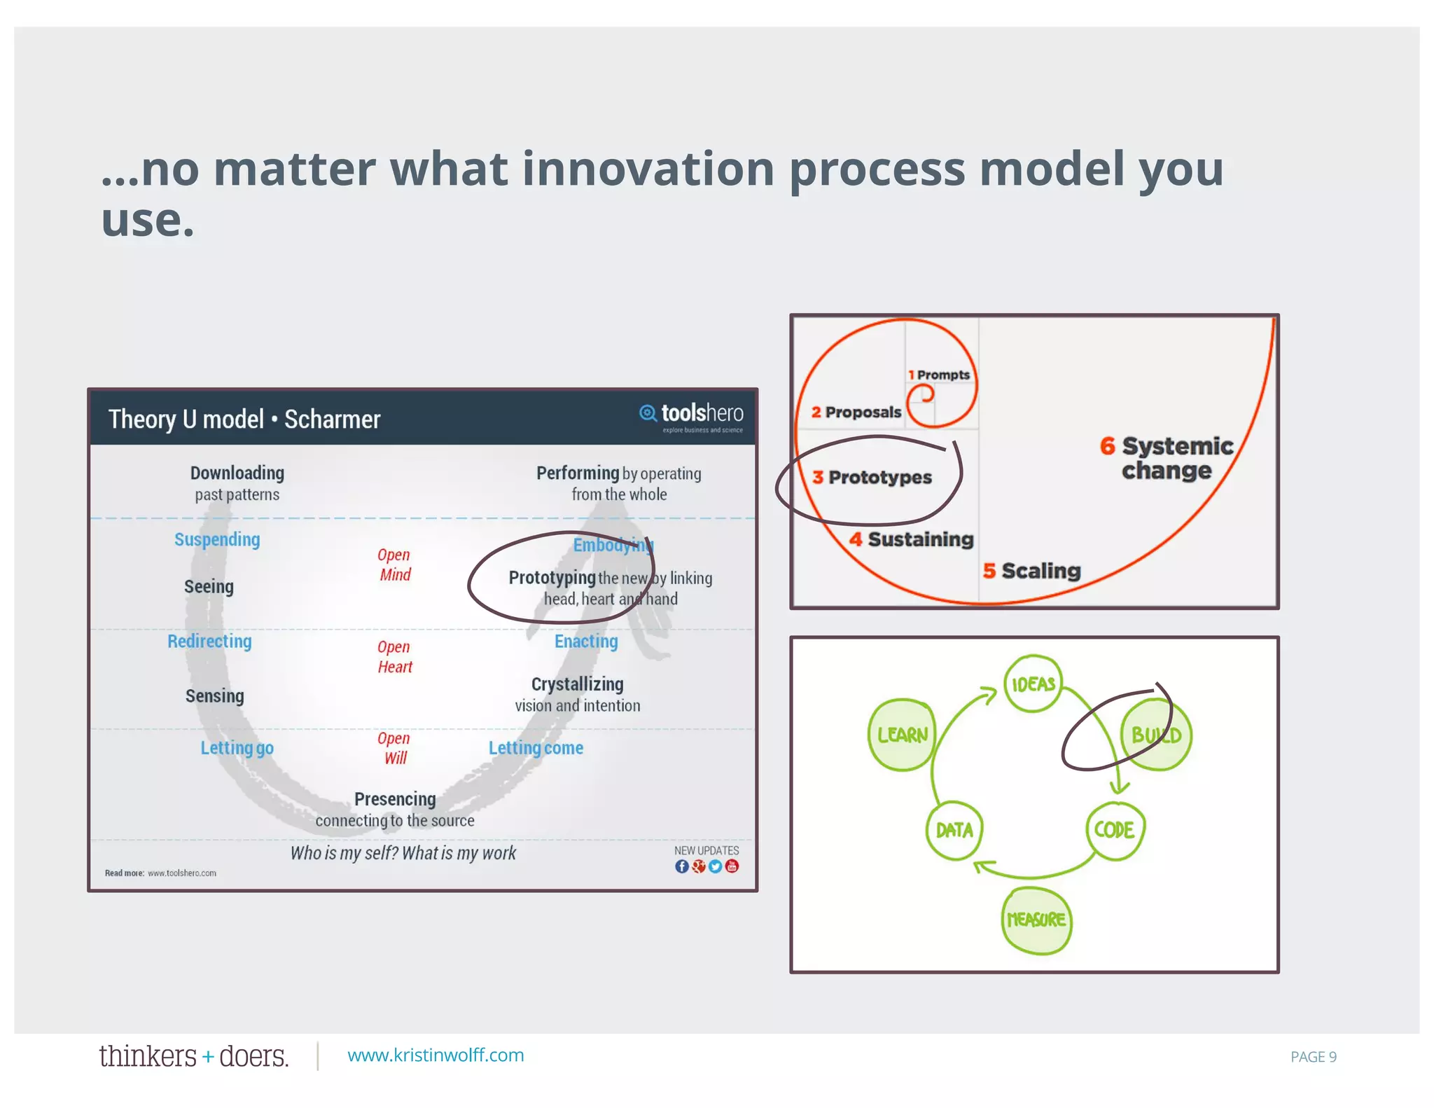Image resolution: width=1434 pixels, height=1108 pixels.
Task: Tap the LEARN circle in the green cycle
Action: [x=902, y=735]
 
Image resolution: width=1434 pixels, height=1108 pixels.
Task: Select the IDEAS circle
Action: [x=1033, y=684]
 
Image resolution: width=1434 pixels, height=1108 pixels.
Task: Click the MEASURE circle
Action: [x=1036, y=920]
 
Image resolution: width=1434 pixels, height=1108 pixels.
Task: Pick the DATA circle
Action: [x=954, y=831]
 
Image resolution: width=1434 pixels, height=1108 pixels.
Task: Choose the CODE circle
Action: [x=1115, y=830]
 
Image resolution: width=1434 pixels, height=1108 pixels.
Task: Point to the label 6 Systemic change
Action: [x=1167, y=458]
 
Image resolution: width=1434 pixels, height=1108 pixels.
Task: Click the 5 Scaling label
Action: [x=1032, y=571]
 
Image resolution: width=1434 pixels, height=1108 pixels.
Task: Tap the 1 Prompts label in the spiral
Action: [x=939, y=375]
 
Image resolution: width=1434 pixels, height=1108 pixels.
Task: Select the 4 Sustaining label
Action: [x=912, y=539]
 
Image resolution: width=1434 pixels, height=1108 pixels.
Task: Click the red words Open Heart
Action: [x=394, y=657]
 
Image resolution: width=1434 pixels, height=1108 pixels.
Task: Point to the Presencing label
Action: [x=395, y=799]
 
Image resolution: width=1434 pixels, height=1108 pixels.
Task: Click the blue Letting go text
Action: [x=237, y=748]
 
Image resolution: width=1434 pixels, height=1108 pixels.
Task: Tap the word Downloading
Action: [x=237, y=473]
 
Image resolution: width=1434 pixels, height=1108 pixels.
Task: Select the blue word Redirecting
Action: [x=209, y=642]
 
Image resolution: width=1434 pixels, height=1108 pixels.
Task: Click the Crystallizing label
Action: [x=577, y=684]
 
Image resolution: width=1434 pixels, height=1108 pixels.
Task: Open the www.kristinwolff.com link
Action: [x=436, y=1055]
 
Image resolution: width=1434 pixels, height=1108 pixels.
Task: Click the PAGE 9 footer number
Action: [x=1313, y=1057]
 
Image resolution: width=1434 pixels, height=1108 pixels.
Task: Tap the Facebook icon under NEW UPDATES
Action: [x=681, y=866]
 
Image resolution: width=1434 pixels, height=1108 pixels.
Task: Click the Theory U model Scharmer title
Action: [x=244, y=420]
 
